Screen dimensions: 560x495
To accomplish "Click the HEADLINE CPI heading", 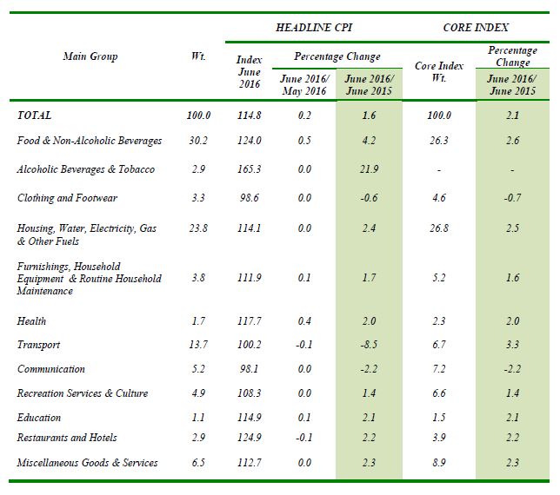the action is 314,28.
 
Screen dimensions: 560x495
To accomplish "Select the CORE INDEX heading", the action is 476,28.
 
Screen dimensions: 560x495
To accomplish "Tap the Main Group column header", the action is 90,56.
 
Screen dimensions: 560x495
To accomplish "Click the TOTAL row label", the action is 34,115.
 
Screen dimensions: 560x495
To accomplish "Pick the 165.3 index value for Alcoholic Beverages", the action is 250,169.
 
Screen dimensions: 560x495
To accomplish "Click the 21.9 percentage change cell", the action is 369,169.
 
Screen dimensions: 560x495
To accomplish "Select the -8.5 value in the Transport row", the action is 369,345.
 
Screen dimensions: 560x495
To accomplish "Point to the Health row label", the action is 31,321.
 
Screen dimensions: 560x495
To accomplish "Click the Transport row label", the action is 38,345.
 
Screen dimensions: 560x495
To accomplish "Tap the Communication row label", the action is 51,369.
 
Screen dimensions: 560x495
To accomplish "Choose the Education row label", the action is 39,417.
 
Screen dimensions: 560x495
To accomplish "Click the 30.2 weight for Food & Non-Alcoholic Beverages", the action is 198,141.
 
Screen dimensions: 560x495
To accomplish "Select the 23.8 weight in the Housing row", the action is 198,228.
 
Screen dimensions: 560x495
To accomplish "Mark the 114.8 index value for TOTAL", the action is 250,115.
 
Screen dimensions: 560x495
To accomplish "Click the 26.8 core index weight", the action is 439,228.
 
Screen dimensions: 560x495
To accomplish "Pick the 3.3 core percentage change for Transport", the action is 512,345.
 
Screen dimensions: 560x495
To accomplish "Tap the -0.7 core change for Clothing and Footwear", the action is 512,198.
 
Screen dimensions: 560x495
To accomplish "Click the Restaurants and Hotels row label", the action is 67,438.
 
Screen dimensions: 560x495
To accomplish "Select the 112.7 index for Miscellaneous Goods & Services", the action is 250,463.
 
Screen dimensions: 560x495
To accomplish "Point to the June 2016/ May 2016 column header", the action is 304,85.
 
